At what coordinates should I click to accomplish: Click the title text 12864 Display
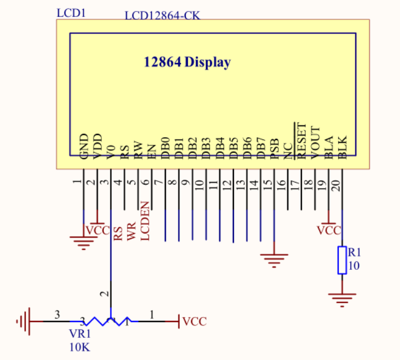point(186,62)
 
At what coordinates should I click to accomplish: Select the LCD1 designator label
point(71,12)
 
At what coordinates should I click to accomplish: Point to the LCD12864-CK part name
point(162,15)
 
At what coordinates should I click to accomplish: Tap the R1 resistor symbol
point(342,260)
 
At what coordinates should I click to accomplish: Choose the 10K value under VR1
point(80,347)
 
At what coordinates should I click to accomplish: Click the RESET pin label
point(301,139)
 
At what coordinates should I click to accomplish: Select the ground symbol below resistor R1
point(342,298)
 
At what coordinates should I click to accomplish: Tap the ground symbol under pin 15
point(274,260)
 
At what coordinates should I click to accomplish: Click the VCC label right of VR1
point(194,322)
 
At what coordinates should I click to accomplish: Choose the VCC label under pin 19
point(329,231)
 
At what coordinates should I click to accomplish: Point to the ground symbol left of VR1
point(23,321)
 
